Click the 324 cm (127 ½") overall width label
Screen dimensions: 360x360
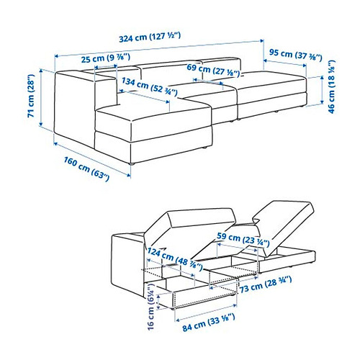(150, 37)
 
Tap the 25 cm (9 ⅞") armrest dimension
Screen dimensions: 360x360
(106, 58)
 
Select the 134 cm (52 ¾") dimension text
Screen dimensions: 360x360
(150, 86)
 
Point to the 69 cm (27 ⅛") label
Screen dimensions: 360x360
(213, 71)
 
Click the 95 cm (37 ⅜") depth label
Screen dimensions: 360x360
(295, 55)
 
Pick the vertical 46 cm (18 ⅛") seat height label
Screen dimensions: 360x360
(331, 86)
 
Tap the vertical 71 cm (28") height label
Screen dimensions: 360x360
(31, 96)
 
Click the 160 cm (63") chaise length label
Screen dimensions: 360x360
(86, 168)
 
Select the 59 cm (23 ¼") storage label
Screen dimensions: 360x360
(243, 240)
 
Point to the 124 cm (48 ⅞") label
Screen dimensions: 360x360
(175, 259)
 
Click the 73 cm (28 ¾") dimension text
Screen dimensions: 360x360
(266, 284)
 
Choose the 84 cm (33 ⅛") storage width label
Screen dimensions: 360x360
(209, 323)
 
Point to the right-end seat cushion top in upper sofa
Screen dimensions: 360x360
(271, 81)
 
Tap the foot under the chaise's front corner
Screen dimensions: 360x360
(131, 164)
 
